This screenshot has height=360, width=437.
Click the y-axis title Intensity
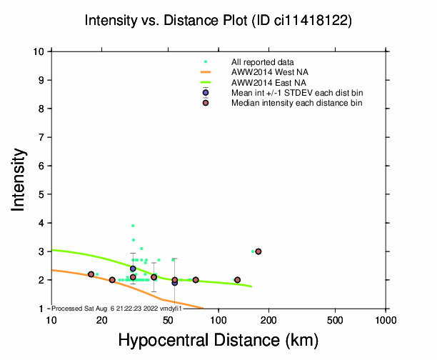coord(20,179)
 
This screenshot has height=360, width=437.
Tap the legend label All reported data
coord(263,62)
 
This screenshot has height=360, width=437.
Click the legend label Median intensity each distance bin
coord(296,104)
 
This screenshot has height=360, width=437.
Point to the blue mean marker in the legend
coord(206,93)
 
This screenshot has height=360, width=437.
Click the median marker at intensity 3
coord(258,251)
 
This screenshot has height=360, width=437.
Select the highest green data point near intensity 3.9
coord(133,226)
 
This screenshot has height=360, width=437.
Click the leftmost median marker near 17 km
coord(91,274)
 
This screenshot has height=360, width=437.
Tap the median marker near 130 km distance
coord(237,280)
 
